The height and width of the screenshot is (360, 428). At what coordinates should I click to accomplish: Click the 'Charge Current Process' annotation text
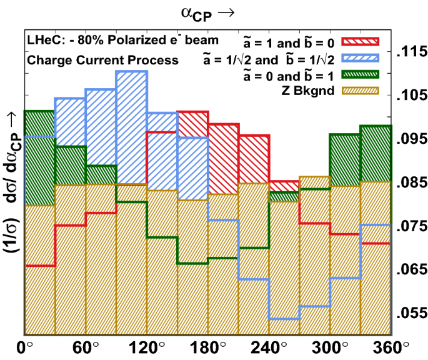coord(102,61)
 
